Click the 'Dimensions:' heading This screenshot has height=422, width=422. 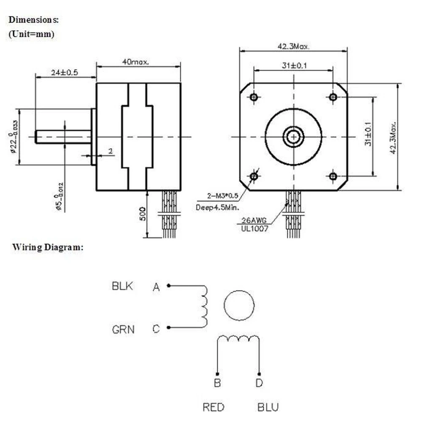click(34, 19)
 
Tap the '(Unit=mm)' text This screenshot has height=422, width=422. click(31, 35)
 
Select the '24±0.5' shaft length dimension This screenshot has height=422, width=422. click(65, 72)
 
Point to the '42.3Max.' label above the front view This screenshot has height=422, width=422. click(293, 46)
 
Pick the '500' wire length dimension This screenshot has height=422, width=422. click(143, 214)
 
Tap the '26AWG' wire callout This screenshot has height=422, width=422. click(252, 220)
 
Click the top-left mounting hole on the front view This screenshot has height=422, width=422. click(254, 97)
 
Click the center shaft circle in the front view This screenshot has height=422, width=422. click(293, 136)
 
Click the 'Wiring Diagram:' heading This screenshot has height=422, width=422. click(48, 247)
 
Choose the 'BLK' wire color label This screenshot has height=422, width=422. click(122, 286)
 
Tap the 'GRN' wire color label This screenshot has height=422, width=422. click(123, 329)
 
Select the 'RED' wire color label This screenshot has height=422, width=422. click(214, 407)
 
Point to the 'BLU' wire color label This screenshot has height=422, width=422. click(268, 407)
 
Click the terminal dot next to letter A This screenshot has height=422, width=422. click(168, 286)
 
